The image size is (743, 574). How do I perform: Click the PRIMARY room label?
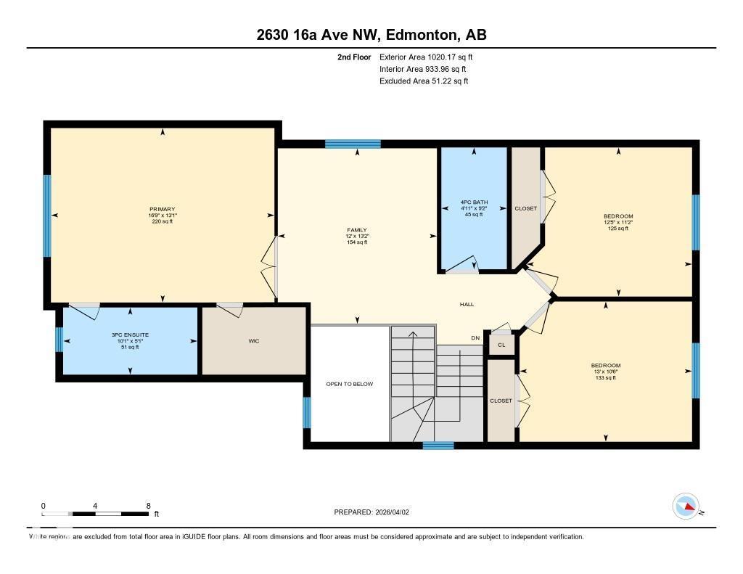(x=163, y=209)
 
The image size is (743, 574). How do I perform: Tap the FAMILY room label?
(x=357, y=230)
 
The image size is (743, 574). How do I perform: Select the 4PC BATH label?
(x=474, y=202)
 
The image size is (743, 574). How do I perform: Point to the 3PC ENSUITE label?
(x=130, y=335)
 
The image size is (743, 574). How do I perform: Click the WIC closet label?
(x=254, y=341)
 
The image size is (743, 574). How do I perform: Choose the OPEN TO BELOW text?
(x=349, y=384)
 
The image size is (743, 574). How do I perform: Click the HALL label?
(x=467, y=304)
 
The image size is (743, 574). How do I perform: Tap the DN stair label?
(x=475, y=338)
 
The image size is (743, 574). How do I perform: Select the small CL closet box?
(x=501, y=345)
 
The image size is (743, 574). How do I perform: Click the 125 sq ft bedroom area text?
(x=618, y=229)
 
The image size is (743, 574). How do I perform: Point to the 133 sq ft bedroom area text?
(x=606, y=378)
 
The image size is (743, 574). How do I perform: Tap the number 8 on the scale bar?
(x=148, y=506)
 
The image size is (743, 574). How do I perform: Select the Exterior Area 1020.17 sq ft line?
(x=426, y=57)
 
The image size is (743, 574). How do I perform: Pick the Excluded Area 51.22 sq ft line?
(x=424, y=81)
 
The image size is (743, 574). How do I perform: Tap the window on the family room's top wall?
(x=353, y=144)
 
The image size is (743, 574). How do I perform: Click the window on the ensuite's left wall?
(x=59, y=340)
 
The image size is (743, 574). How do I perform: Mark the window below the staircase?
(x=438, y=445)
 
